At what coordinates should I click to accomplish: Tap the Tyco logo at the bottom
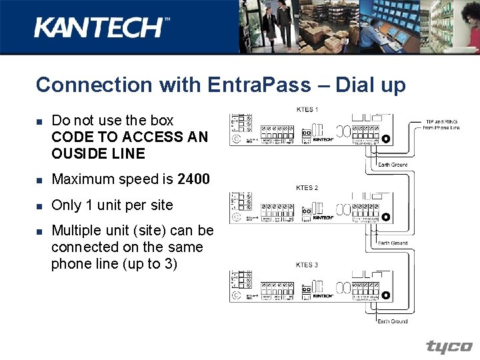(449, 347)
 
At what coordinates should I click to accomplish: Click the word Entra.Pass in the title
(259, 85)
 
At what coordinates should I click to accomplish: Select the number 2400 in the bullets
(194, 179)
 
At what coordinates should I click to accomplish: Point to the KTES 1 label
(307, 109)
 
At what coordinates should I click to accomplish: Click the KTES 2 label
(307, 188)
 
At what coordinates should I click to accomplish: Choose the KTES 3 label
(307, 265)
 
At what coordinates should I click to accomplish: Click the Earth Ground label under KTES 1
(393, 165)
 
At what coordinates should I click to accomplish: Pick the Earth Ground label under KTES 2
(393, 243)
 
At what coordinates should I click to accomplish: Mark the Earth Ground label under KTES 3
(393, 321)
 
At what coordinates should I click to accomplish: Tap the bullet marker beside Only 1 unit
(39, 206)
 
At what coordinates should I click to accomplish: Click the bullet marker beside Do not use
(39, 121)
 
